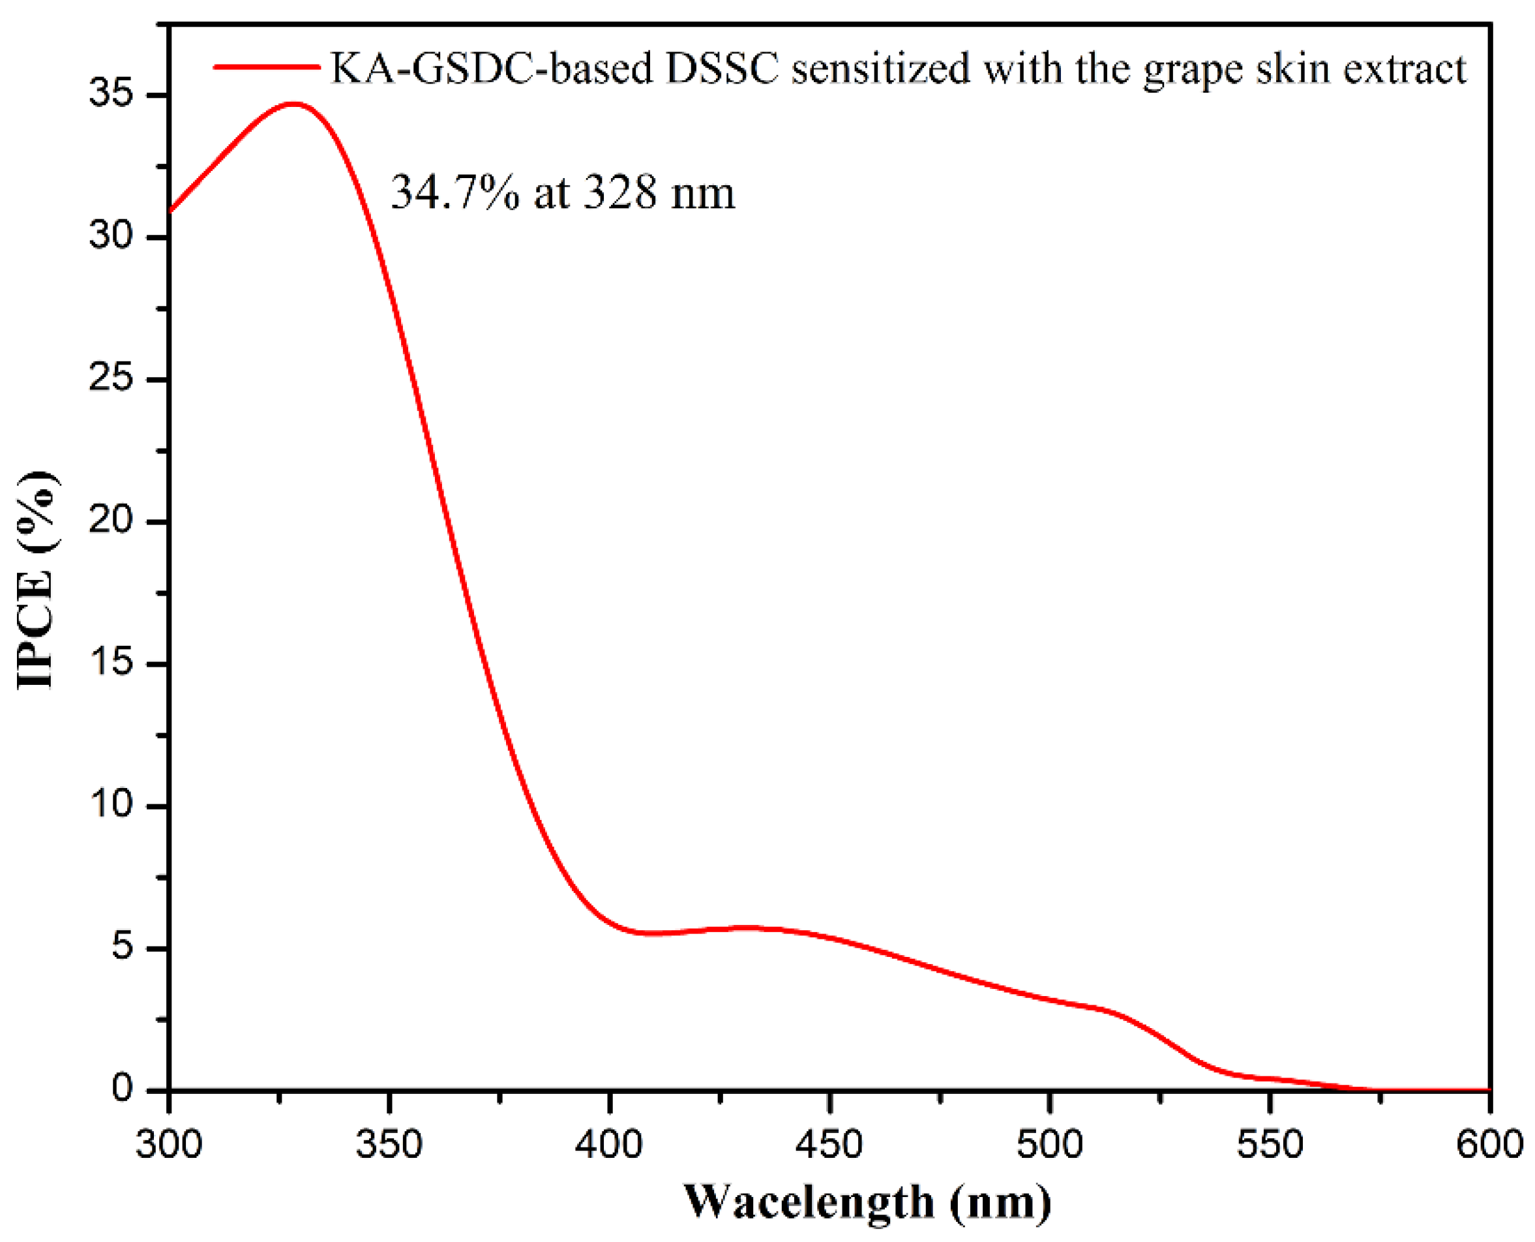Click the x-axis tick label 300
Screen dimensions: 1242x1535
169,1144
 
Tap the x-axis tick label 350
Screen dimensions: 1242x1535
389,1144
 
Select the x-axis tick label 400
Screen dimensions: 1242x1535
610,1144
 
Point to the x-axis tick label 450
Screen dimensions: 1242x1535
829,1144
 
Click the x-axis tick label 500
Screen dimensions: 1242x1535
1050,1144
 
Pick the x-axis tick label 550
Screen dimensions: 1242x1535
1270,1144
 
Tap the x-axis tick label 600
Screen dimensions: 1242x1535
1491,1144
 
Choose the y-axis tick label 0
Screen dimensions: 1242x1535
123,1089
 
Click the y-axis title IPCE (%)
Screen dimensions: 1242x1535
36,579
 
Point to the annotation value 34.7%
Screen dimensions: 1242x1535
456,193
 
